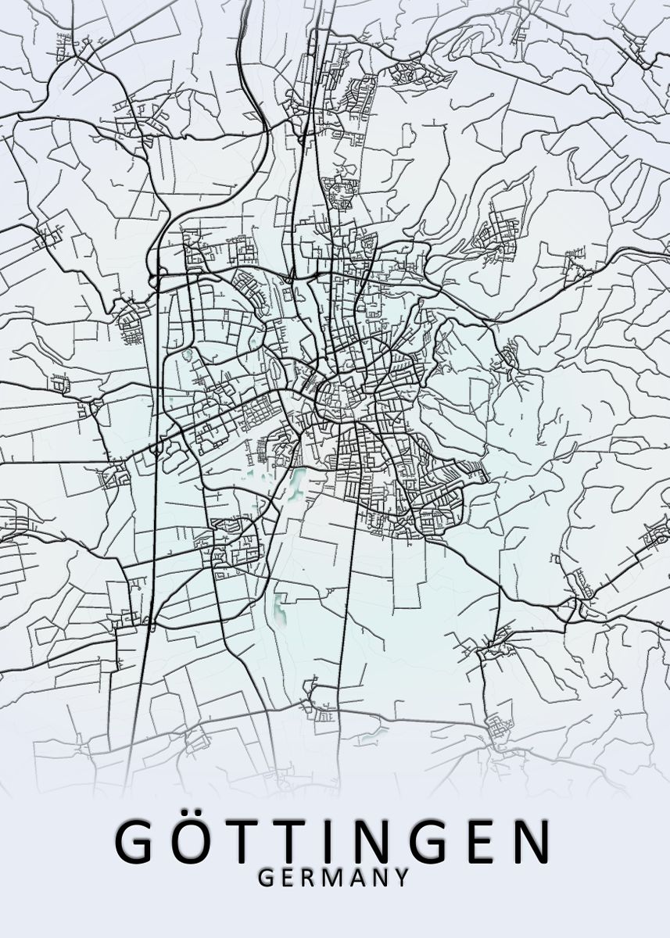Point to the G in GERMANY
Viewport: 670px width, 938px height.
click(265, 877)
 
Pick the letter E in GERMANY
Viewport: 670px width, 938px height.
click(287, 877)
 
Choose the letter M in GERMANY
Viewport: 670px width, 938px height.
click(332, 877)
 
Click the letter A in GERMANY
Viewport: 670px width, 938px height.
click(356, 877)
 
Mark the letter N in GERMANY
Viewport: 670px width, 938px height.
click(379, 877)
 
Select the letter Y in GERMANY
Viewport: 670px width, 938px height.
click(401, 877)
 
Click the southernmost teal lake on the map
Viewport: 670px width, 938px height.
click(278, 606)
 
